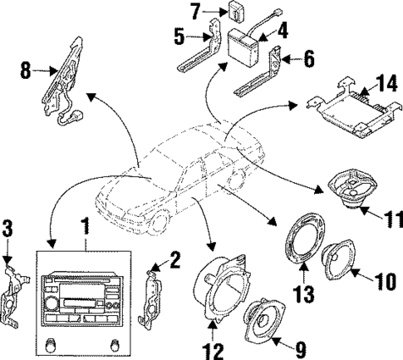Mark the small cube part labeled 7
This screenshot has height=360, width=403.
point(214,12)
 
